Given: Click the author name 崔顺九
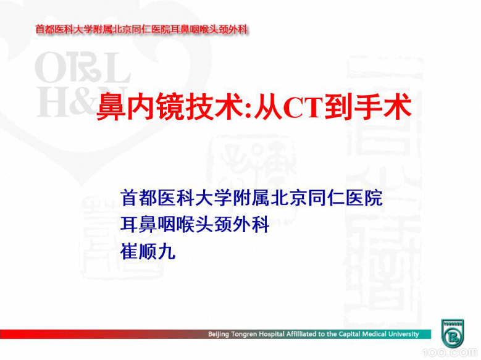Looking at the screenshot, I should pyautogui.click(x=148, y=251).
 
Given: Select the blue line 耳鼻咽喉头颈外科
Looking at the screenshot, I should pyautogui.click(x=195, y=225).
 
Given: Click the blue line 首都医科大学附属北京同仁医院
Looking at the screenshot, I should pyautogui.click(x=251, y=198).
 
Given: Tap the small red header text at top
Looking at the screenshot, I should pyautogui.click(x=141, y=29).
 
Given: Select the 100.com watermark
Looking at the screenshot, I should pyautogui.click(x=456, y=353).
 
